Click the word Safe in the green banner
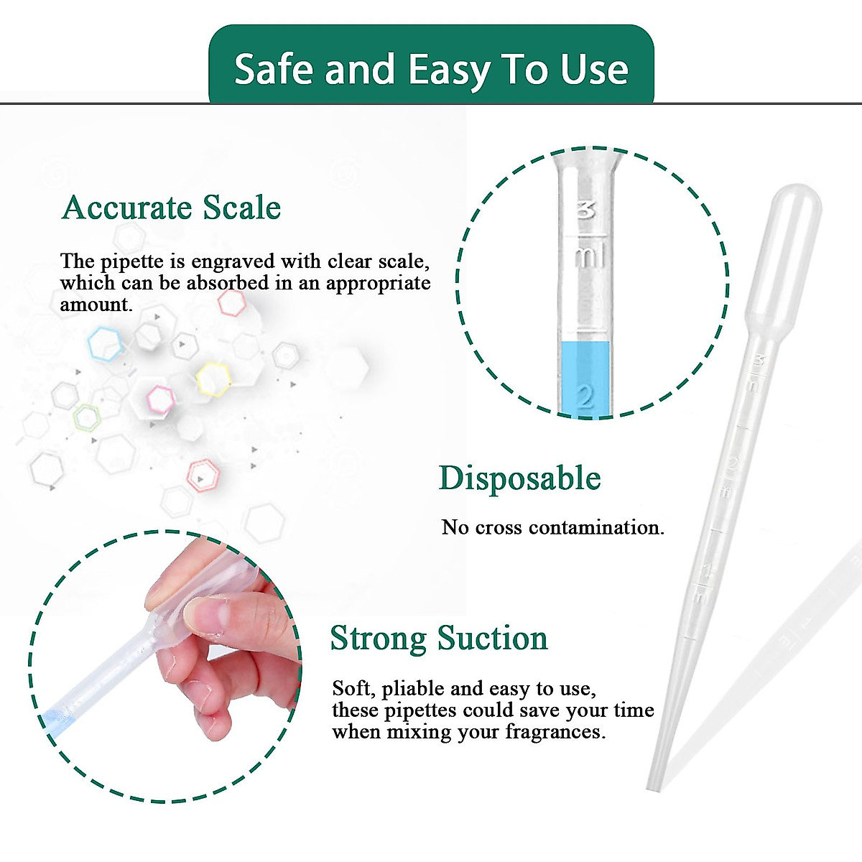click(274, 70)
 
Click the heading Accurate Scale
click(171, 208)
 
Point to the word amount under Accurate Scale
click(96, 305)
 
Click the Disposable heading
click(519, 478)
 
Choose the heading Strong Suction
click(438, 638)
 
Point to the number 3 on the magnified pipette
click(586, 210)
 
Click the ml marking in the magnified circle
click(589, 256)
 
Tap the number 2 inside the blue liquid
click(585, 396)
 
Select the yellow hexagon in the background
click(213, 379)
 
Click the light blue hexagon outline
click(106, 344)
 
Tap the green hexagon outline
click(87, 417)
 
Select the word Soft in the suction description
click(352, 688)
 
